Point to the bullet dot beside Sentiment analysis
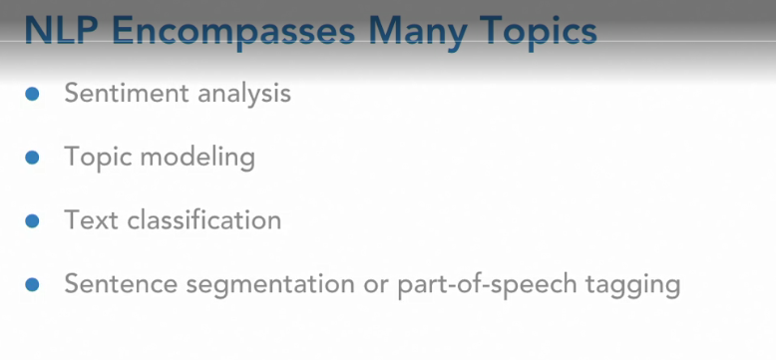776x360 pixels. point(32,94)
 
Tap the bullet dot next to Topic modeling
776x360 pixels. point(32,158)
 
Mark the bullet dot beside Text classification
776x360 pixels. point(32,220)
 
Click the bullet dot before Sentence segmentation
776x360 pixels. point(32,284)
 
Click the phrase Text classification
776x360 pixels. point(173,220)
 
